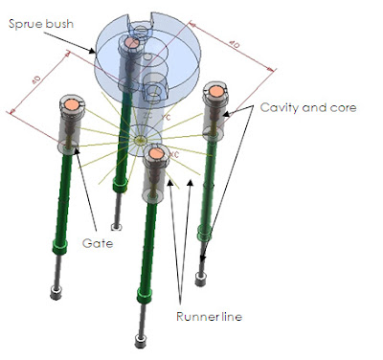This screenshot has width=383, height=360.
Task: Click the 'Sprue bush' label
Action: (x=41, y=24)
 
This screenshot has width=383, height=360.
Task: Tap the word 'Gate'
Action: (x=98, y=243)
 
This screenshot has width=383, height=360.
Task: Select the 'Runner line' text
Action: (x=209, y=317)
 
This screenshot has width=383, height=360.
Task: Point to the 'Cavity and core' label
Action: (x=308, y=107)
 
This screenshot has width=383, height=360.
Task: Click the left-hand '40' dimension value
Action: (x=36, y=79)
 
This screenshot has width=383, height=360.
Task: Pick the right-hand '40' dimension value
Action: (x=234, y=45)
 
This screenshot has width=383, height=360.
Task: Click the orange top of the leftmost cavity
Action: (x=72, y=104)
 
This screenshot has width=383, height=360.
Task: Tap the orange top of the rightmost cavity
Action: (x=216, y=91)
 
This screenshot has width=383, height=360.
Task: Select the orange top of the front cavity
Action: (x=156, y=154)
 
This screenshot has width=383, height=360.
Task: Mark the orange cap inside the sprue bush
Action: (x=131, y=42)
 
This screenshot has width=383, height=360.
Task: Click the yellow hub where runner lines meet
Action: (x=141, y=140)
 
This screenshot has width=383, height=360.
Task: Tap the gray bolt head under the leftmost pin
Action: (x=56, y=292)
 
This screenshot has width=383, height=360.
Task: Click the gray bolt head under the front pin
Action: (x=140, y=341)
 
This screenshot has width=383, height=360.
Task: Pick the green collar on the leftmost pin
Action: (x=59, y=247)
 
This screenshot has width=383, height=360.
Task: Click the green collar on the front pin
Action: (x=144, y=295)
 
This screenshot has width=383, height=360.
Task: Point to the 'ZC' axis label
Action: (x=147, y=116)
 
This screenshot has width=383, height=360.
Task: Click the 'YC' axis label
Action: (x=166, y=118)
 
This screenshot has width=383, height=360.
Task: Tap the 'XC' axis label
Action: (x=174, y=154)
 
